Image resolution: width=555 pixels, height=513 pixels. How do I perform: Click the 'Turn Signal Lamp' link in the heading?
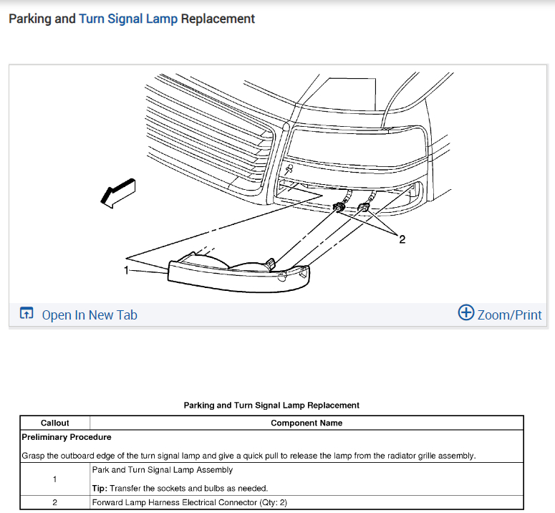point(128,19)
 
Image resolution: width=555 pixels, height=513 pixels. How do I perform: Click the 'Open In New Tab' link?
point(90,315)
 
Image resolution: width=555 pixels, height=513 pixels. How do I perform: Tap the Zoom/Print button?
point(509,314)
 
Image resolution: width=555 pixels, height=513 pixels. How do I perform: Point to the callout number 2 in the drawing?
point(402,239)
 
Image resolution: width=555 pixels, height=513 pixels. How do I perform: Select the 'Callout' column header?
point(55,423)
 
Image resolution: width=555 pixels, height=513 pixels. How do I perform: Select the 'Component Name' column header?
point(307,423)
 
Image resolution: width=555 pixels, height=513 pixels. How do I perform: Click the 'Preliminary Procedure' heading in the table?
point(67,436)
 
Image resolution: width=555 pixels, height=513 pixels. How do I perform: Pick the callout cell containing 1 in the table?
point(55,479)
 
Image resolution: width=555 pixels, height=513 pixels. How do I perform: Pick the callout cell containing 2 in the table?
point(55,502)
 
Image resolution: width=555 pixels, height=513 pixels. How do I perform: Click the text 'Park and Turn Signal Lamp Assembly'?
point(163,470)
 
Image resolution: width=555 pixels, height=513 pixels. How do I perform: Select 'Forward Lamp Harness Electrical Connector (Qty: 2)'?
point(190,502)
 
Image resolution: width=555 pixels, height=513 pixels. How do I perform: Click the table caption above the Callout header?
point(271,406)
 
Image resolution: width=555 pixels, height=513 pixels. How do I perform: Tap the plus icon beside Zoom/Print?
point(466,313)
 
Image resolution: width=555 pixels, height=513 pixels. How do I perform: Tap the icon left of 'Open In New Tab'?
point(26,314)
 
